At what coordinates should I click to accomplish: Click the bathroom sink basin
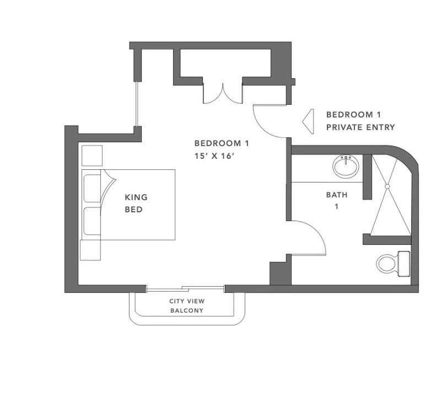click(346, 167)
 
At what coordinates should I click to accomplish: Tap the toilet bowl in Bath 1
click(387, 264)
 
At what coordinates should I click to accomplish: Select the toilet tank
click(404, 264)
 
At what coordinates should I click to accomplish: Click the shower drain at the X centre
click(387, 186)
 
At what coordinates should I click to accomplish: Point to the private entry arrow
click(308, 121)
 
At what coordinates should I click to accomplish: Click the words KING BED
click(136, 203)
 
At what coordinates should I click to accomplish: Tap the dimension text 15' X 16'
click(213, 156)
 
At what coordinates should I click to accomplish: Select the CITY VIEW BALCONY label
click(187, 306)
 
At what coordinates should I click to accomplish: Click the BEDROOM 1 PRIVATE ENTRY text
click(360, 121)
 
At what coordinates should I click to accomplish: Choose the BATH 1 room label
click(337, 201)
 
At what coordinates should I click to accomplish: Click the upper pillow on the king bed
click(92, 188)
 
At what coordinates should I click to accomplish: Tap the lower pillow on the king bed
click(92, 221)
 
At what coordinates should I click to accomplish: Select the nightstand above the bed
click(92, 156)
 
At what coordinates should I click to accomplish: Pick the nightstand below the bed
click(90, 250)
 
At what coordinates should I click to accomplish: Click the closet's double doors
click(223, 93)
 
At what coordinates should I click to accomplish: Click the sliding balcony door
click(185, 288)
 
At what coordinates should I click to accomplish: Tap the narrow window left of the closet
click(137, 104)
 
